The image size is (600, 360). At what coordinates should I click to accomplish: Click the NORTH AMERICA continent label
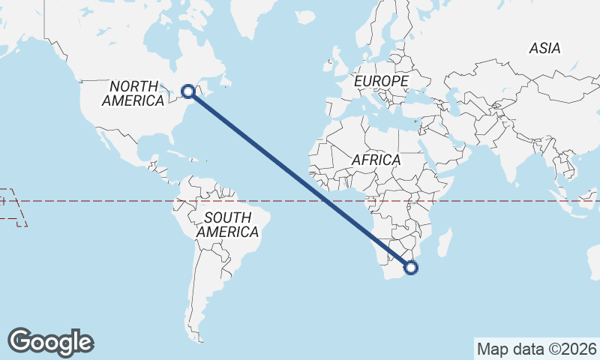point(133,93)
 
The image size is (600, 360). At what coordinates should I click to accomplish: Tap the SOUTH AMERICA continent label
point(227,225)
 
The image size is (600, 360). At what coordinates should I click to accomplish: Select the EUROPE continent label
point(382,80)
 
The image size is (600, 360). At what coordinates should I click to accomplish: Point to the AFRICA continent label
point(376,160)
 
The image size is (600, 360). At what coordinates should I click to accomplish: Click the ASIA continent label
point(544,48)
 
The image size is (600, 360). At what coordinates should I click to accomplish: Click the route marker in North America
point(188,91)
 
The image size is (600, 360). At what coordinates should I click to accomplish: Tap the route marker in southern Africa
point(410,267)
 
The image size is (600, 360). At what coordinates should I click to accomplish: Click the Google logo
point(50,342)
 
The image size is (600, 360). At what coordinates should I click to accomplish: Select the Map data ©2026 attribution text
point(536,349)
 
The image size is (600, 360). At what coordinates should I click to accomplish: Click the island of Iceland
point(306,16)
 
